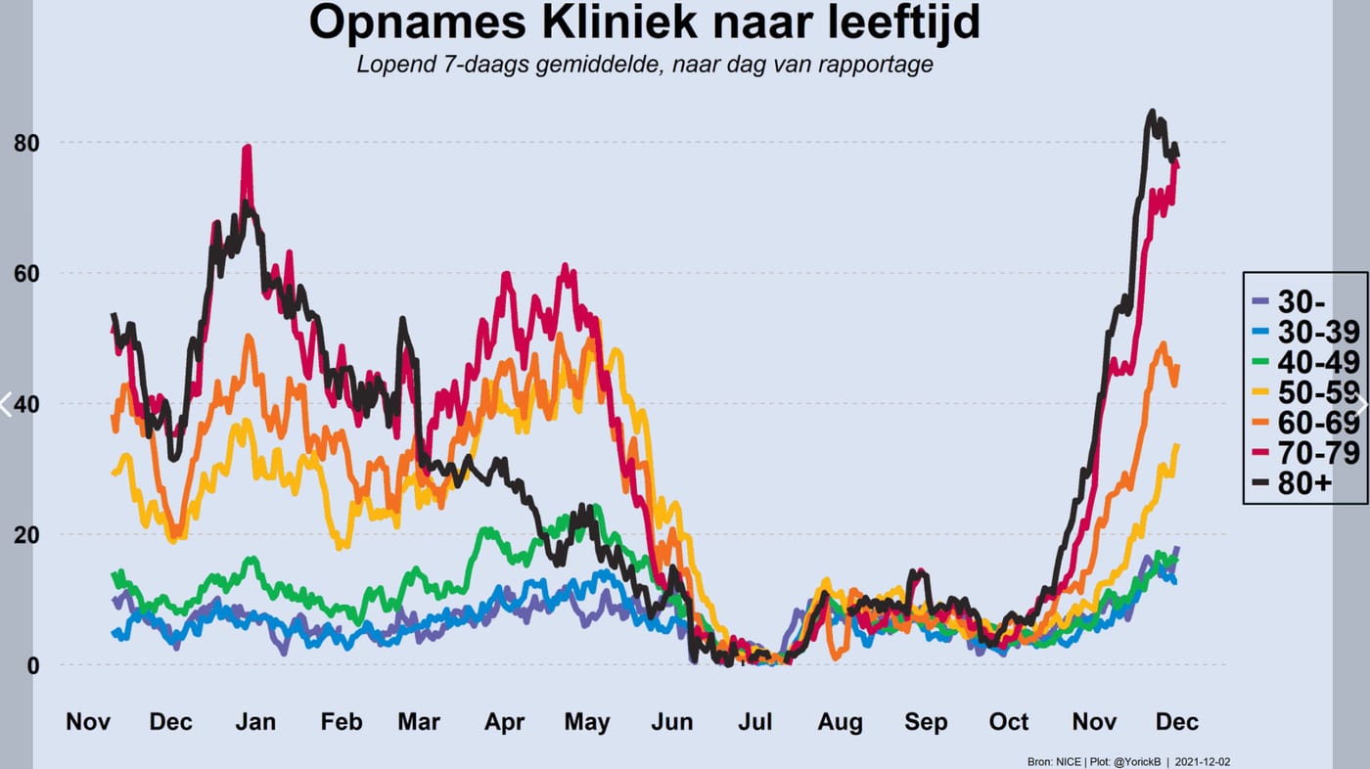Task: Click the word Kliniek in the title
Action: click(x=618, y=22)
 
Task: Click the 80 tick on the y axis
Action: click(x=26, y=143)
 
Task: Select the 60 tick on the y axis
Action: click(x=26, y=273)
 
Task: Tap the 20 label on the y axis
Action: click(x=26, y=535)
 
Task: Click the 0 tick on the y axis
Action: click(x=33, y=665)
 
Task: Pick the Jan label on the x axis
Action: click(x=255, y=722)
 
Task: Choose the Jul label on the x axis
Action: click(x=754, y=722)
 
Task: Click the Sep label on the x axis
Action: click(x=926, y=723)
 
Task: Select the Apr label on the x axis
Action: click(x=505, y=723)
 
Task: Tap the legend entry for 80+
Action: click(x=1292, y=483)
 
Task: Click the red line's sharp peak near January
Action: click(x=247, y=147)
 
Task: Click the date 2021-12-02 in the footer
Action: click(x=1202, y=762)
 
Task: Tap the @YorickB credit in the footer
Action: click(x=1137, y=762)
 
